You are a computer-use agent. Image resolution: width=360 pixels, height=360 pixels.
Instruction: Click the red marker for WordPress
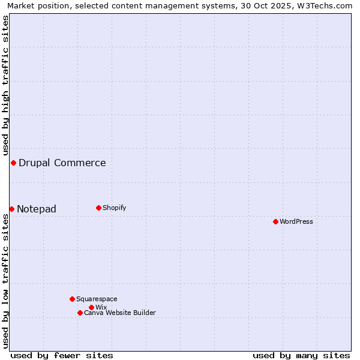pos(275,221)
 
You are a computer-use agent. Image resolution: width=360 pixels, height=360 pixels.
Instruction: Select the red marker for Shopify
pos(98,208)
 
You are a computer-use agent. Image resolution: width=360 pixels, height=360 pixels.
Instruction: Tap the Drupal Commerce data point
pos(13,163)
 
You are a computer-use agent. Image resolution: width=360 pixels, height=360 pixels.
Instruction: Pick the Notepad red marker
pos(11,209)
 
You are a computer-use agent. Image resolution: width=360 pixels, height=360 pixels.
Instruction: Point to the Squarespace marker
pos(72,299)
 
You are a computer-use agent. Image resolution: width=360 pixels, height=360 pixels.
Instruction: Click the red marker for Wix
pos(91,307)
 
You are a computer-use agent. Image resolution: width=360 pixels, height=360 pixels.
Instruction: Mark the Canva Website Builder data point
pos(80,313)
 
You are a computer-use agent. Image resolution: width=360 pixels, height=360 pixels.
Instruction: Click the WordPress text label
pos(296,221)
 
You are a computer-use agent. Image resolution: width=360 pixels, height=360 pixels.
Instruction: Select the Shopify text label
pos(115,208)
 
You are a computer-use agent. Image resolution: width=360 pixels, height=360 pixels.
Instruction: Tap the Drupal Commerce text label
pos(62,163)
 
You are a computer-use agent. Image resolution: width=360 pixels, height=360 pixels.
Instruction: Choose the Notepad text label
pos(37,209)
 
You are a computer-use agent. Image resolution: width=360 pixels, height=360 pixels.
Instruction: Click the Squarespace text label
pos(97,299)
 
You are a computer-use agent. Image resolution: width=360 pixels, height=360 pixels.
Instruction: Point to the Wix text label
pos(101,307)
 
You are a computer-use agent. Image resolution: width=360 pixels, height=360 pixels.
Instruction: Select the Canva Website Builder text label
pos(120,313)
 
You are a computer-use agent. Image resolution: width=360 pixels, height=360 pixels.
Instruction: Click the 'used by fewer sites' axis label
pos(62,355)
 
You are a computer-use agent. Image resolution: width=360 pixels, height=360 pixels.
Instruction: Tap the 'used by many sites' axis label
pos(301,355)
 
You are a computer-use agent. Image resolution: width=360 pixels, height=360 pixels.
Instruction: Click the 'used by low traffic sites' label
pos(5,281)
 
